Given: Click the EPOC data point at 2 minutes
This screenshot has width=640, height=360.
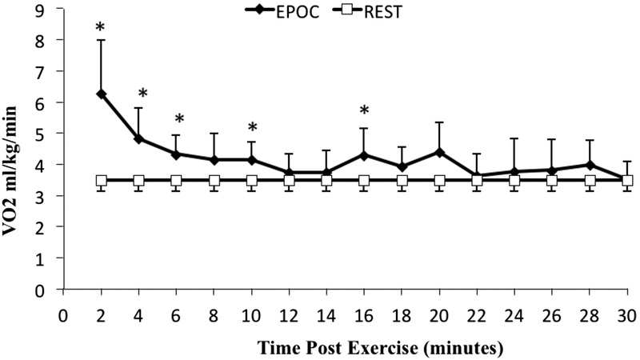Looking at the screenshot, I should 101,94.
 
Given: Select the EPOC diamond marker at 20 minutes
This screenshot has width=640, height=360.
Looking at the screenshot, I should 439,152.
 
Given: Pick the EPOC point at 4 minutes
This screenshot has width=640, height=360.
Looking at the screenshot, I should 138,138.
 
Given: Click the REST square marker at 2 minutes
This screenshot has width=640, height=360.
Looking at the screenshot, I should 101,181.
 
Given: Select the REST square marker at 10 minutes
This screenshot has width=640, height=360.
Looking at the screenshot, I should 251,181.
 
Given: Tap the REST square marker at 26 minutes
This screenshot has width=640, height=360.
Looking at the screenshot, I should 552,181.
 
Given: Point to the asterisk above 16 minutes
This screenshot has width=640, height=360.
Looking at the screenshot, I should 364,111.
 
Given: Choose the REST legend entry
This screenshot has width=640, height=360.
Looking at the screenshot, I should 376,11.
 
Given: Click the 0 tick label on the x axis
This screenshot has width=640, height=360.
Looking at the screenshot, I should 63,313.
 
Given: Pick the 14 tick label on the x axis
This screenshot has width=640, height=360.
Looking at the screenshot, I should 326,313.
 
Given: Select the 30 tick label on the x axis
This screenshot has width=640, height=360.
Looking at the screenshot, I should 627,313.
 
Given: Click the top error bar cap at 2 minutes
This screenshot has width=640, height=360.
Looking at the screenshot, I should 101,40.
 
